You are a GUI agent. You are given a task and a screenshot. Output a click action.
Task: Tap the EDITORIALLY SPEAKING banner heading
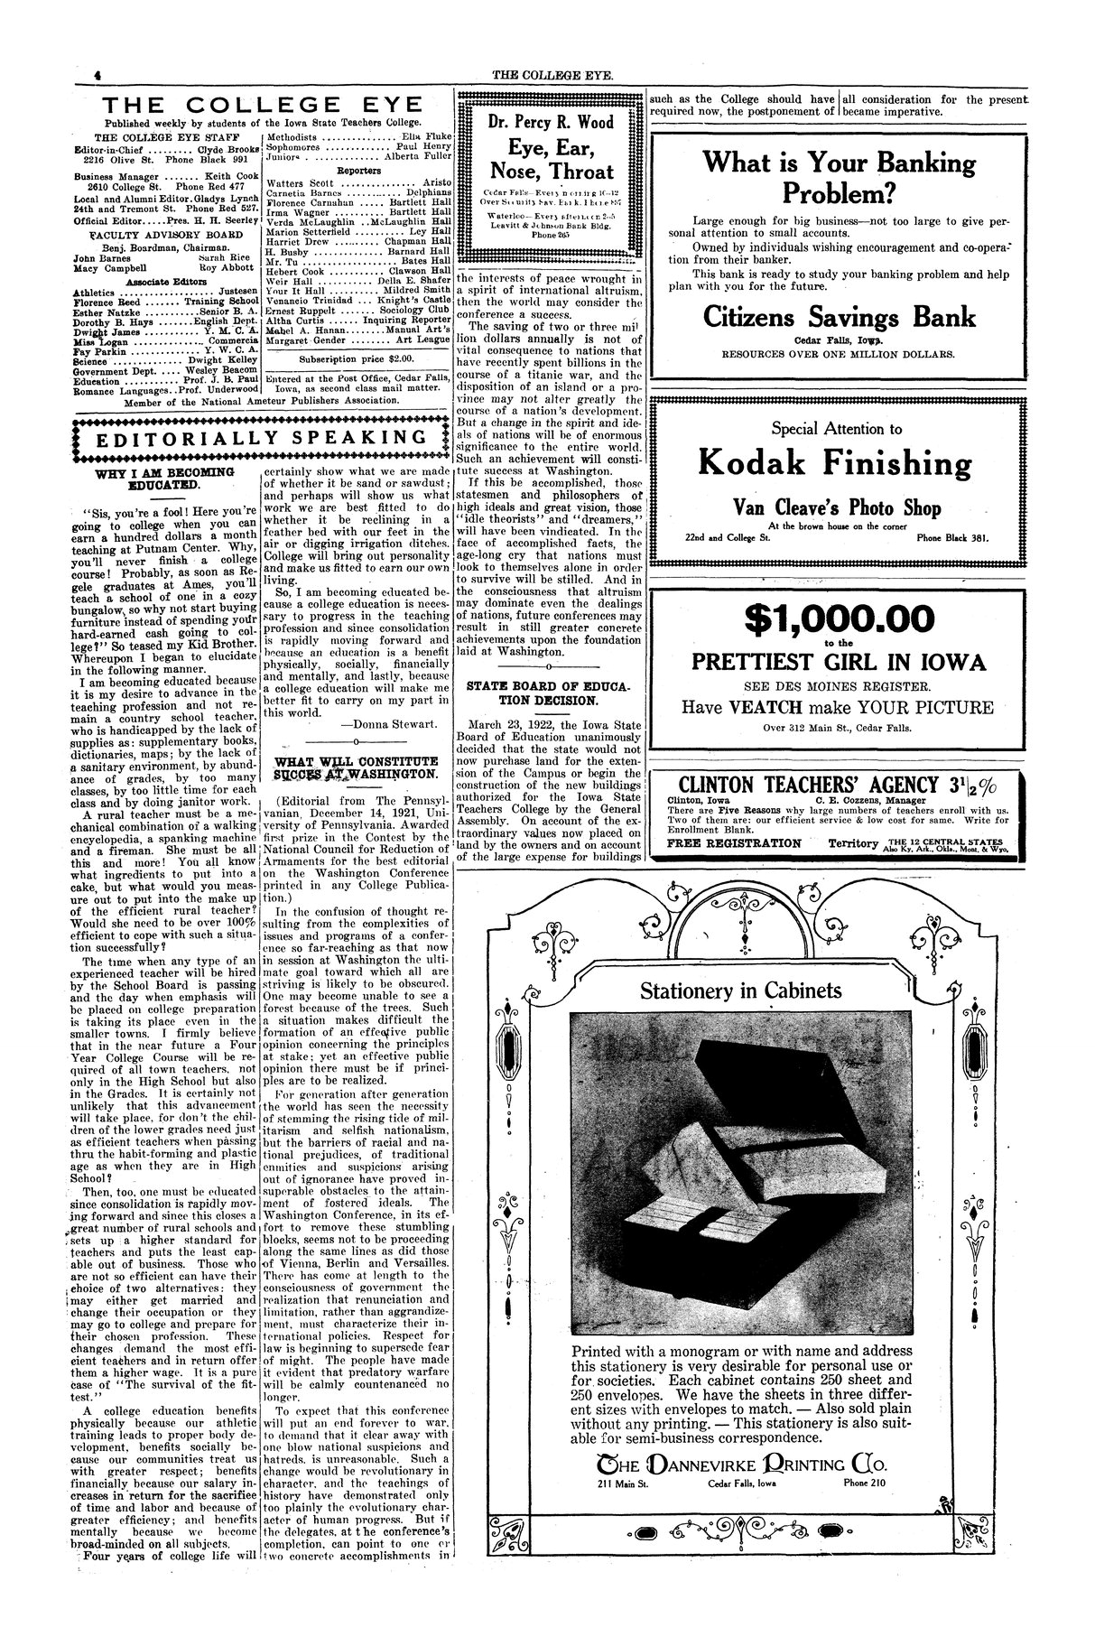coord(255,439)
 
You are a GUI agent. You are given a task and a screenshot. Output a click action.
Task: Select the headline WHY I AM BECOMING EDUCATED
coord(163,479)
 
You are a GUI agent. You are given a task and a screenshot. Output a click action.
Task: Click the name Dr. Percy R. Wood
coord(548,123)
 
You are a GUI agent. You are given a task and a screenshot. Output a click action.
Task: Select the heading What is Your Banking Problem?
coord(839,179)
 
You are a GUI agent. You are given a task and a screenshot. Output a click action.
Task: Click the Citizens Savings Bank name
coord(839,317)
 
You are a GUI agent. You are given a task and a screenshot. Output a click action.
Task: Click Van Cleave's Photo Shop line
coord(839,508)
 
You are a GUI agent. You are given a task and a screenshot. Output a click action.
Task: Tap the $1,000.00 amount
coord(839,619)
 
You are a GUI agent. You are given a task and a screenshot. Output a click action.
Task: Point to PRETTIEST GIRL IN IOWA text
coord(839,663)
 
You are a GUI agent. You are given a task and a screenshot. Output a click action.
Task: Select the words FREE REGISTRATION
coord(733,843)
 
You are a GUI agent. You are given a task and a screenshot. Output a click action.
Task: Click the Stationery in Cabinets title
coord(739,991)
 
